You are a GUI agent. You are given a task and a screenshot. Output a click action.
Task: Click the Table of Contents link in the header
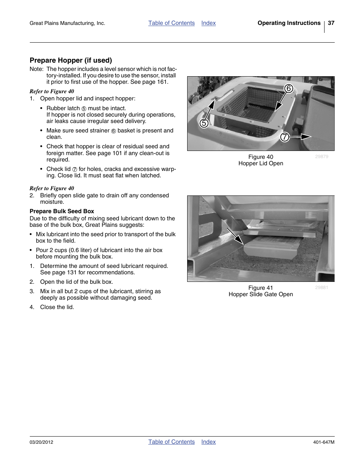(x=171, y=23)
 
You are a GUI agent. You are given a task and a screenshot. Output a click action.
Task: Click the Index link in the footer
(x=208, y=442)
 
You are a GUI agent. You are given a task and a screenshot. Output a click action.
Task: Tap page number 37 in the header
(x=331, y=23)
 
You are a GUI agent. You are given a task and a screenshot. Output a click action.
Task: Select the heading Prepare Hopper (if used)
(x=71, y=60)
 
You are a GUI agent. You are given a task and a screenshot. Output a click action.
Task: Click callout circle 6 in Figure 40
(x=288, y=89)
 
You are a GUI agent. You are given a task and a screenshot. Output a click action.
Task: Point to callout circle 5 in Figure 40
(x=204, y=123)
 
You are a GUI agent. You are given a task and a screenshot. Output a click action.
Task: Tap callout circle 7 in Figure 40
(x=285, y=137)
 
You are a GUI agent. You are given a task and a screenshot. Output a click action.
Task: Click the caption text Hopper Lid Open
(x=260, y=163)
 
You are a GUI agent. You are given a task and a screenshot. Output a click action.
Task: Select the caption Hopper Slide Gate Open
(x=260, y=294)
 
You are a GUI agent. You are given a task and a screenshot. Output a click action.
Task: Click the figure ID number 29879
(x=322, y=157)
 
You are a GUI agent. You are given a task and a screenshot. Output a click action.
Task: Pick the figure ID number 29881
(x=322, y=288)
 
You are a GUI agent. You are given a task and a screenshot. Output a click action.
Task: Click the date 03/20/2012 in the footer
(x=41, y=442)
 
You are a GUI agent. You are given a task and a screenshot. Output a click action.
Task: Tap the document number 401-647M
(x=323, y=442)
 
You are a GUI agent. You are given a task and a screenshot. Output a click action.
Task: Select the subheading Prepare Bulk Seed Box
(x=62, y=211)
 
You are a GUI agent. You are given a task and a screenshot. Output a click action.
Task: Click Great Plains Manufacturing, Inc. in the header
(x=67, y=23)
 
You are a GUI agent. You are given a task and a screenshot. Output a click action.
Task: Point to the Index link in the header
(x=208, y=23)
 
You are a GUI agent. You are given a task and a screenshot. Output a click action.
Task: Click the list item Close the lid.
(x=57, y=307)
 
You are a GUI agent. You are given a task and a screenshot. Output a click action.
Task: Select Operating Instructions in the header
(x=289, y=23)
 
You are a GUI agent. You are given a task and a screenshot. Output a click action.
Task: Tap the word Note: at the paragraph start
(x=37, y=69)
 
